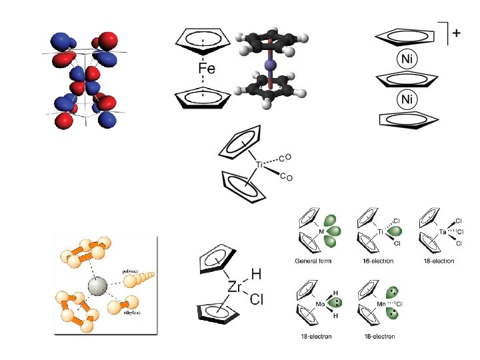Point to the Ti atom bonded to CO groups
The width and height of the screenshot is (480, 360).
pos(260,163)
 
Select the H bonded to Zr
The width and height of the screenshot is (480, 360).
pos(256,274)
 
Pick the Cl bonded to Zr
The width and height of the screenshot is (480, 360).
pos(257,301)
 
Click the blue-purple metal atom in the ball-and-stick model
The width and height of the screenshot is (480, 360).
pos(270,65)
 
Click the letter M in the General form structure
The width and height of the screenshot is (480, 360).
pos(321,232)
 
